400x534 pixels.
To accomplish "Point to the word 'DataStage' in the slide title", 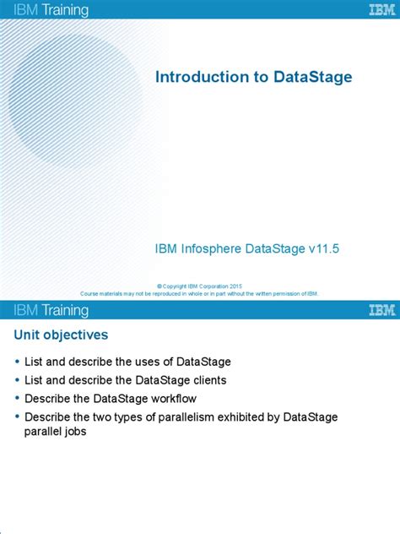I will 313,77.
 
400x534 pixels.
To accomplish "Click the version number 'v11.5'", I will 323,248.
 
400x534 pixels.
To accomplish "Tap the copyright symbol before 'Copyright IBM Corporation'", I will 160,286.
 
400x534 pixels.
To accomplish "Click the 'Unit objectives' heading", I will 60,335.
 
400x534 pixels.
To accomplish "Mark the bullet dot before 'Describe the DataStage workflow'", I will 18,399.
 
